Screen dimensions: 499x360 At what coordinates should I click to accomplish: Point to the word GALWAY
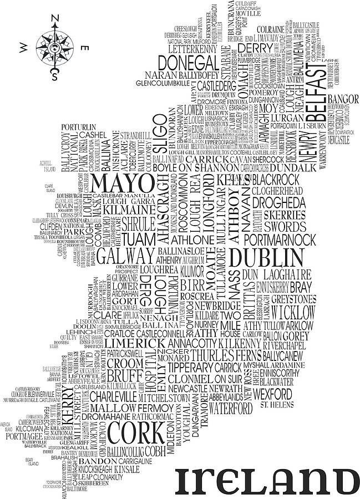126,256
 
